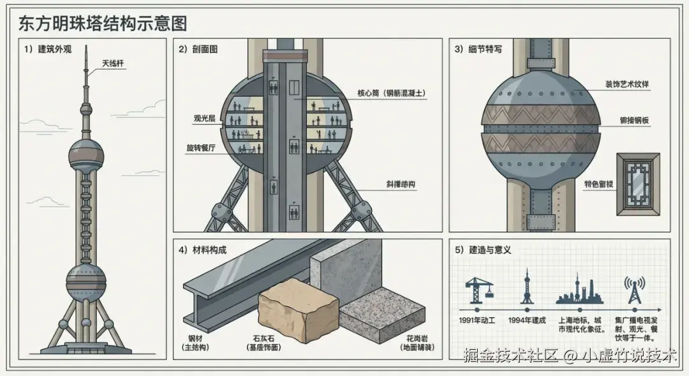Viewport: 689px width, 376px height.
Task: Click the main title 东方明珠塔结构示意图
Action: coord(103,24)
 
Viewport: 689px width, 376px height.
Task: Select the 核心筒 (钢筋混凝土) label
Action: coord(390,93)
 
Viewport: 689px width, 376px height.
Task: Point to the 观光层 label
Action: coord(205,119)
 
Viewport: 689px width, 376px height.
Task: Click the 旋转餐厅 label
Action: coord(201,147)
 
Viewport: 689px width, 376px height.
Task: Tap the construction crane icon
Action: coord(478,291)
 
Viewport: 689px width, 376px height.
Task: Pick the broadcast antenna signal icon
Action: coord(634,290)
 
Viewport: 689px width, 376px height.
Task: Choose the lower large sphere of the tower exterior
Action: coord(86,282)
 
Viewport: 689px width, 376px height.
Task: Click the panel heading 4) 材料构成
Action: coord(203,250)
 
